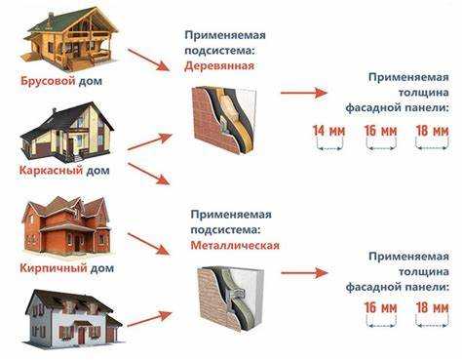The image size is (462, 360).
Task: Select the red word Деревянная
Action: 219,65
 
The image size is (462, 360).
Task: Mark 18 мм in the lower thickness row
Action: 430,308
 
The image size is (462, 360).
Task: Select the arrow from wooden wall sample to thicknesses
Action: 304,93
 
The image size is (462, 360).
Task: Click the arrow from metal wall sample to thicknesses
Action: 304,272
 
